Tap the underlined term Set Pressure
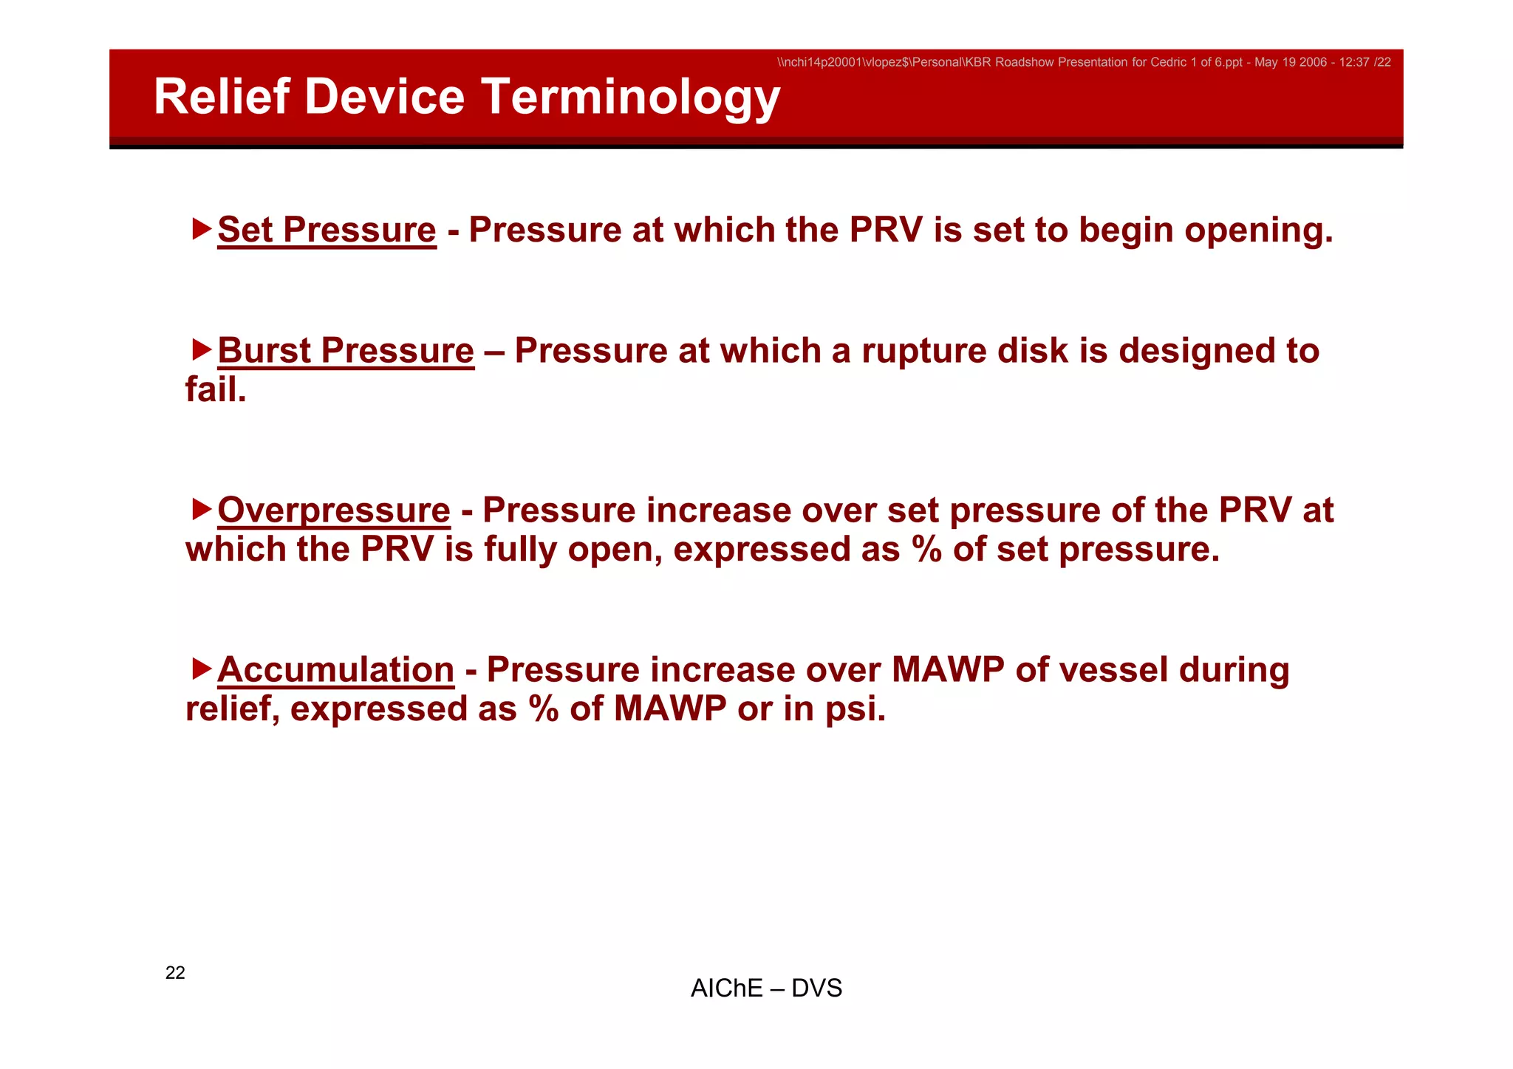coord(327,230)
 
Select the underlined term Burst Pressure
coord(346,351)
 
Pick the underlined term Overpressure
coord(333,510)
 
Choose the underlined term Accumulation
coord(335,670)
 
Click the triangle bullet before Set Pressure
coord(201,228)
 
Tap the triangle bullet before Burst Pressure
coord(201,349)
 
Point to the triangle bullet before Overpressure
coord(201,509)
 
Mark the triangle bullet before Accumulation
coord(201,669)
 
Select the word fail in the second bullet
coord(214,390)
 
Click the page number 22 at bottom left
coord(175,973)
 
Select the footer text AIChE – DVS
coord(766,988)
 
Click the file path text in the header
coord(1083,63)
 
